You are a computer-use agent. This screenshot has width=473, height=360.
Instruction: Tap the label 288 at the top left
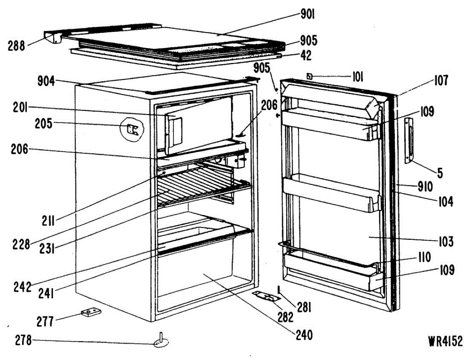coord(16,46)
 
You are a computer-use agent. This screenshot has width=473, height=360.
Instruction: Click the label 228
coord(21,245)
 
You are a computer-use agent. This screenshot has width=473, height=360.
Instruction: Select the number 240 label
coord(303,336)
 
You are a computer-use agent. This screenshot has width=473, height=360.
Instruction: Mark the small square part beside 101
coord(310,76)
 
